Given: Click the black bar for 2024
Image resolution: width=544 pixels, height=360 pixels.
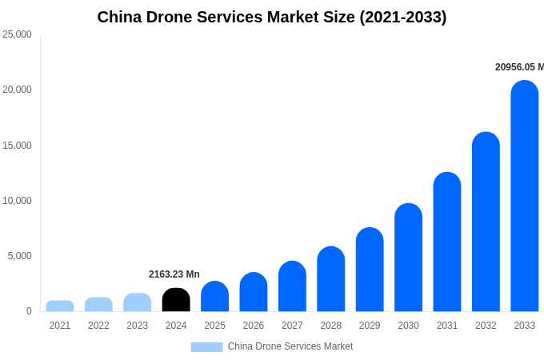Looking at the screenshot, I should click(x=176, y=300).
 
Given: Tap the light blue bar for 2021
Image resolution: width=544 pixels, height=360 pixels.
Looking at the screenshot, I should click(x=60, y=306).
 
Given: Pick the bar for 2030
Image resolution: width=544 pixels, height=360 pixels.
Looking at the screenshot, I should click(x=408, y=258).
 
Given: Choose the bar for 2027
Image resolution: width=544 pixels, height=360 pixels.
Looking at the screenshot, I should click(x=292, y=286).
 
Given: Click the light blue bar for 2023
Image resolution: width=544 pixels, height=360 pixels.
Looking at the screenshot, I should click(x=138, y=302).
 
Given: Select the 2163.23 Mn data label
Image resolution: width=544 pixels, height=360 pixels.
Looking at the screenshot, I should click(x=174, y=274).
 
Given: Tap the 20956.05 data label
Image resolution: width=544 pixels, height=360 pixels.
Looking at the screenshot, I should click(x=518, y=67).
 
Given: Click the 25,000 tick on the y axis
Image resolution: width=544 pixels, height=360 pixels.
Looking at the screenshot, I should click(x=18, y=34).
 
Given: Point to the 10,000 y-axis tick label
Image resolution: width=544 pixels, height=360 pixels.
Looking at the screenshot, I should click(x=18, y=201).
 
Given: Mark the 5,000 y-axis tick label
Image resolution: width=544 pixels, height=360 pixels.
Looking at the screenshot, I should click(x=20, y=256).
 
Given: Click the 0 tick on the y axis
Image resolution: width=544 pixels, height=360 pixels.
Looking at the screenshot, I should click(x=29, y=311).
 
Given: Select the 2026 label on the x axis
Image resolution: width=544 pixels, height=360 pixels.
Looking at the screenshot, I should click(x=254, y=326).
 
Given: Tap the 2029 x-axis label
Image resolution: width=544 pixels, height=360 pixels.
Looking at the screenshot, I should click(x=370, y=326).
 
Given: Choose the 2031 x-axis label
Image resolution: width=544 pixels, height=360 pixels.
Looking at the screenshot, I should click(x=447, y=326).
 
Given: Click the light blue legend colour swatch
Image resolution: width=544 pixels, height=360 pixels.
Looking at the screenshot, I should click(x=206, y=347).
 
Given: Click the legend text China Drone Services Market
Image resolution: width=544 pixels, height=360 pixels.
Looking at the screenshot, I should click(x=290, y=346).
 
